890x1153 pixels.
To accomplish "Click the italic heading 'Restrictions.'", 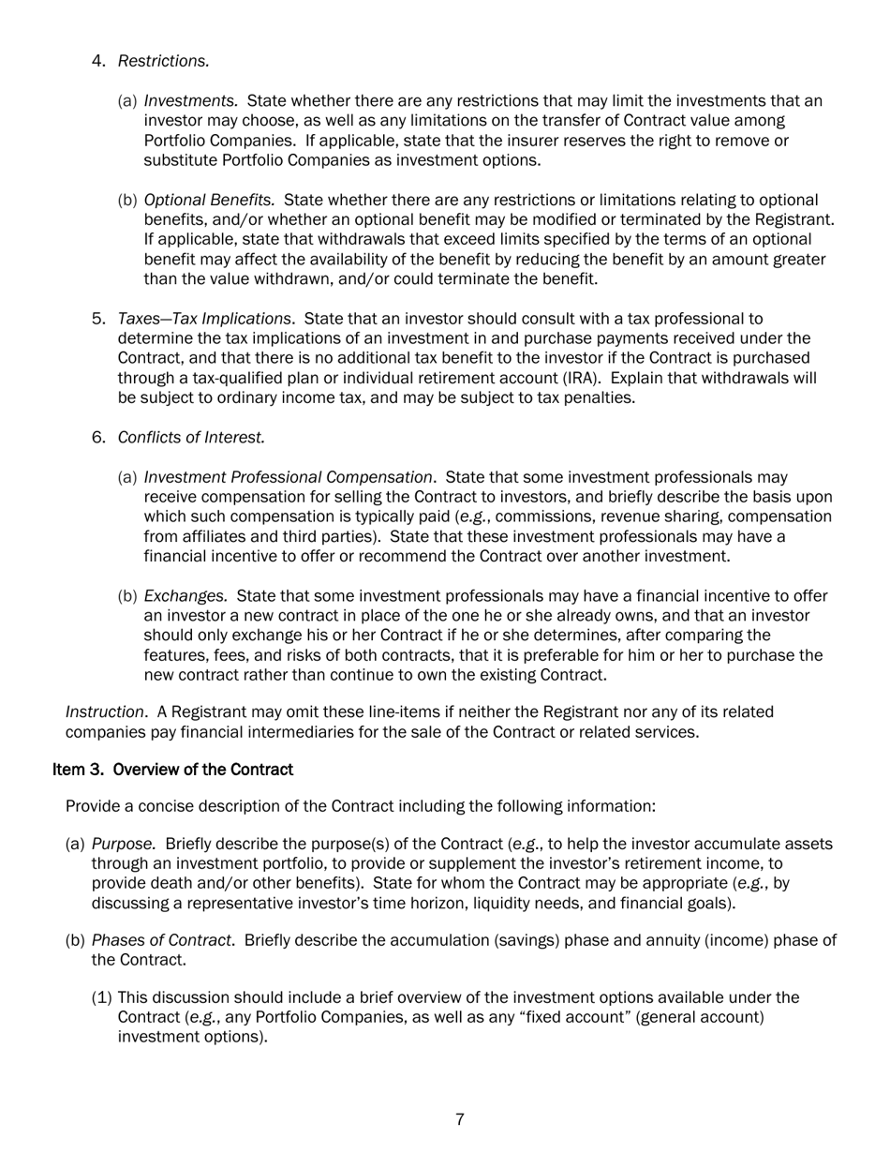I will click(x=163, y=61).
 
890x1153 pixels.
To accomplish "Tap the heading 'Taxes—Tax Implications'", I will click(x=204, y=319).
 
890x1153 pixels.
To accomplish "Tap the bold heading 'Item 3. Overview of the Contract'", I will click(x=173, y=770).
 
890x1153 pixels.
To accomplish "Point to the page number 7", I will click(x=459, y=1119).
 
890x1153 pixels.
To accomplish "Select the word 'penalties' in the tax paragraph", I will click(x=601, y=397).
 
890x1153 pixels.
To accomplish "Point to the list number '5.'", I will click(x=99, y=319).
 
